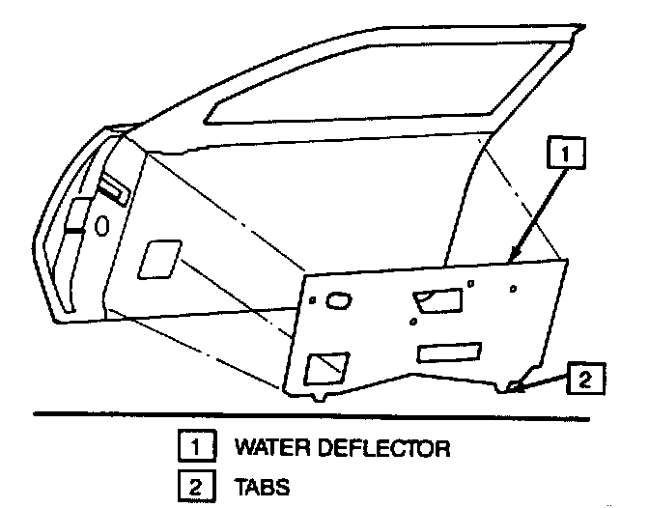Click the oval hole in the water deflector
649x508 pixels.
pos(340,302)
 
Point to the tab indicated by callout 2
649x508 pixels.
pos(513,387)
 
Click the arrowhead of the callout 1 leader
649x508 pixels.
pos(513,257)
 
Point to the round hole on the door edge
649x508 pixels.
pos(101,224)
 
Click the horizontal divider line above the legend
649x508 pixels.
pos(324,416)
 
